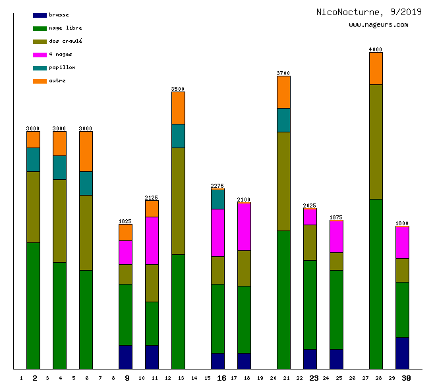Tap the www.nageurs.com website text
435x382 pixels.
pyautogui.click(x=378, y=25)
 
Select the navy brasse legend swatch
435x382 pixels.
pyautogui.click(x=40, y=15)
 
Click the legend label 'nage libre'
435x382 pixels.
pyautogui.click(x=65, y=28)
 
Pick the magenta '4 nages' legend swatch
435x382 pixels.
pyautogui.click(x=40, y=55)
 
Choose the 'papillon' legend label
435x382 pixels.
pyautogui.click(x=62, y=68)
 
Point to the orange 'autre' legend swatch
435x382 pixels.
pyautogui.click(x=40, y=81)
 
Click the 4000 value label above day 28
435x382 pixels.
pyautogui.click(x=376, y=49)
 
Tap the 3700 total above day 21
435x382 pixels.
pyautogui.click(x=283, y=73)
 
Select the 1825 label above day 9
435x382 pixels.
pyautogui.click(x=125, y=221)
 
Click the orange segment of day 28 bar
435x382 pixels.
pyautogui.click(x=376, y=68)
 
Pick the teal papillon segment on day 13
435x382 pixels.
pyautogui.click(x=178, y=136)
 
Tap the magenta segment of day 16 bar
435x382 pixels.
pyautogui.click(x=217, y=232)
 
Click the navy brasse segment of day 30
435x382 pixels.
pyautogui.click(x=402, y=353)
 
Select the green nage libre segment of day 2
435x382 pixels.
pyautogui.click(x=33, y=306)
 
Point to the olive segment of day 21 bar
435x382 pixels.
pyautogui.click(x=283, y=181)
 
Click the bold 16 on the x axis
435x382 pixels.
pyautogui.click(x=221, y=378)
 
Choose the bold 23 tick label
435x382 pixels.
pyautogui.click(x=314, y=378)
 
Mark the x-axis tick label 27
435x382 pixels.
pyautogui.click(x=365, y=379)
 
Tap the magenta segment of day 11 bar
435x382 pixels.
pyautogui.click(x=152, y=240)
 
